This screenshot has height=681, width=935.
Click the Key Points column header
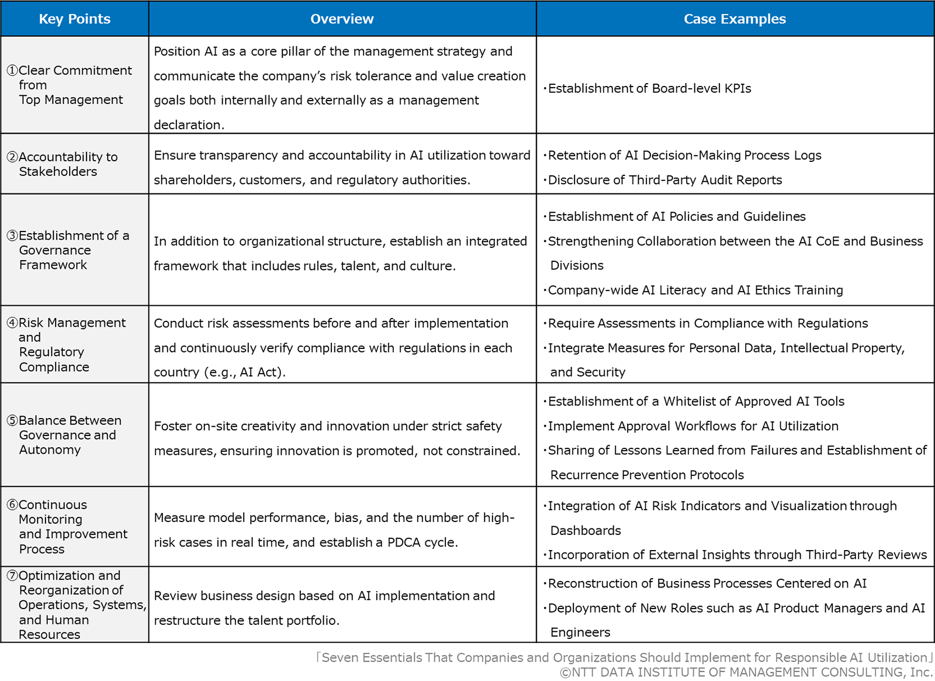pyautogui.click(x=74, y=19)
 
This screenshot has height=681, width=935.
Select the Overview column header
pyautogui.click(x=342, y=19)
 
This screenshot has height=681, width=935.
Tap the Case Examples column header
pyautogui.click(x=735, y=19)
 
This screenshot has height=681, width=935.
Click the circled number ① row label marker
pyautogui.click(x=12, y=71)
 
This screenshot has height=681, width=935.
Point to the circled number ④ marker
pyautogui.click(x=12, y=323)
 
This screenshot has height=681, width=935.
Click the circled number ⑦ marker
pyautogui.click(x=12, y=576)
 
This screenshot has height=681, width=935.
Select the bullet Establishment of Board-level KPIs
pyautogui.click(x=649, y=88)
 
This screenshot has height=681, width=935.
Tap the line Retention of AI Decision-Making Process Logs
pyautogui.click(x=684, y=155)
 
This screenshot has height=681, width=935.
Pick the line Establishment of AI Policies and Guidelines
pyautogui.click(x=676, y=217)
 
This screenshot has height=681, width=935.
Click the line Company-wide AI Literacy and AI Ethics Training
pyautogui.click(x=695, y=290)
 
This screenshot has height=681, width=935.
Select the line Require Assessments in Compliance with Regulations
pyautogui.click(x=707, y=323)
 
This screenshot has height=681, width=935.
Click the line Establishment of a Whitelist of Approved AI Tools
pyautogui.click(x=695, y=402)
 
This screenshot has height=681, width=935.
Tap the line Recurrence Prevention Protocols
pyautogui.click(x=647, y=475)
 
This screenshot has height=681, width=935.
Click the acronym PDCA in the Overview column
pyautogui.click(x=404, y=542)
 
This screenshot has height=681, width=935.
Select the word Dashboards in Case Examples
pyautogui.click(x=586, y=531)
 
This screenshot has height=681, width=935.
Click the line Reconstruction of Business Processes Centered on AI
pyautogui.click(x=707, y=583)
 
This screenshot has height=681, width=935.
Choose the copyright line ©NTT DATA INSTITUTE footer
pyautogui.click(x=746, y=672)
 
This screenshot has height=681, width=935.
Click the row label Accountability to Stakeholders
pyautogui.click(x=68, y=164)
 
